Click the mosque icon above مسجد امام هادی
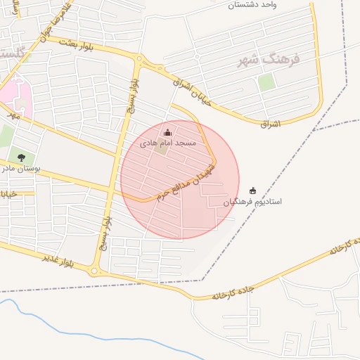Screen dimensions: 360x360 [167, 133]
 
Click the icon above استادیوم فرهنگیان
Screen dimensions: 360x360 [253, 191]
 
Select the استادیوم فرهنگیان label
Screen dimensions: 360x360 [253, 202]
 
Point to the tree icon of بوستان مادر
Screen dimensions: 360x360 [21, 157]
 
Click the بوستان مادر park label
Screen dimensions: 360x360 [21, 169]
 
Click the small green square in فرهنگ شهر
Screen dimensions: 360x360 [266, 82]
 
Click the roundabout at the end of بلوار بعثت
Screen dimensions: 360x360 [139, 59]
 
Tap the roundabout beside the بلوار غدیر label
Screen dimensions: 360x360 [94, 271]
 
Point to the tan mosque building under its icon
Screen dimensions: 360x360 [162, 148]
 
